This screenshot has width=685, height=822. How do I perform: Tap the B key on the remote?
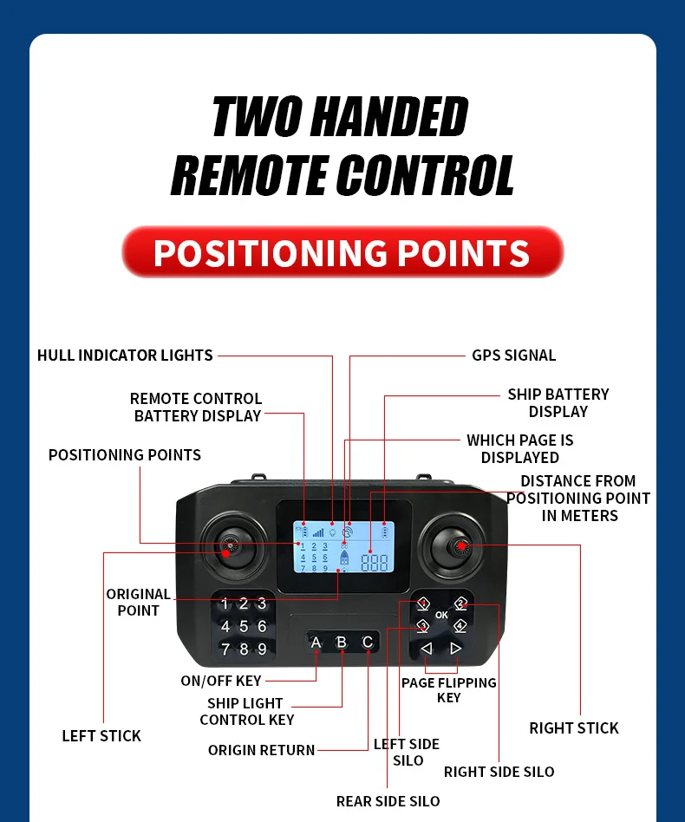tap(342, 643)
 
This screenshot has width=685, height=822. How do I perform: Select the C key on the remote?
tap(368, 643)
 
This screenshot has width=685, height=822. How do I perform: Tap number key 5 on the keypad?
tap(244, 626)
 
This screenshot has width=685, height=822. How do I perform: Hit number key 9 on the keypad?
tap(262, 649)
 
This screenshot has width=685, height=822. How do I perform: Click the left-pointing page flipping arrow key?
tap(426, 648)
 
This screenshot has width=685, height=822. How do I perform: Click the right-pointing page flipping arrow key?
tap(456, 648)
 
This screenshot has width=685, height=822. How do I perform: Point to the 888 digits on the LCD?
tap(375, 562)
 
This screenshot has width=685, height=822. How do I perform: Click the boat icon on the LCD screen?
tap(344, 559)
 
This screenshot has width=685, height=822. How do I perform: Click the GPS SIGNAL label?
tap(513, 356)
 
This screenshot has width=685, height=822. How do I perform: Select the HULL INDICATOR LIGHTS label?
tap(125, 356)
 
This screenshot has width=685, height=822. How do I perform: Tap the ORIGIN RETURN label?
tap(261, 750)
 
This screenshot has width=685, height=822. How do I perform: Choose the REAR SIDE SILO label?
tap(388, 801)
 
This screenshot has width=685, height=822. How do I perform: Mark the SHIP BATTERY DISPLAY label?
tap(558, 403)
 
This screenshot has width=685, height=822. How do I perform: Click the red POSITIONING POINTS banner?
tap(342, 252)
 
